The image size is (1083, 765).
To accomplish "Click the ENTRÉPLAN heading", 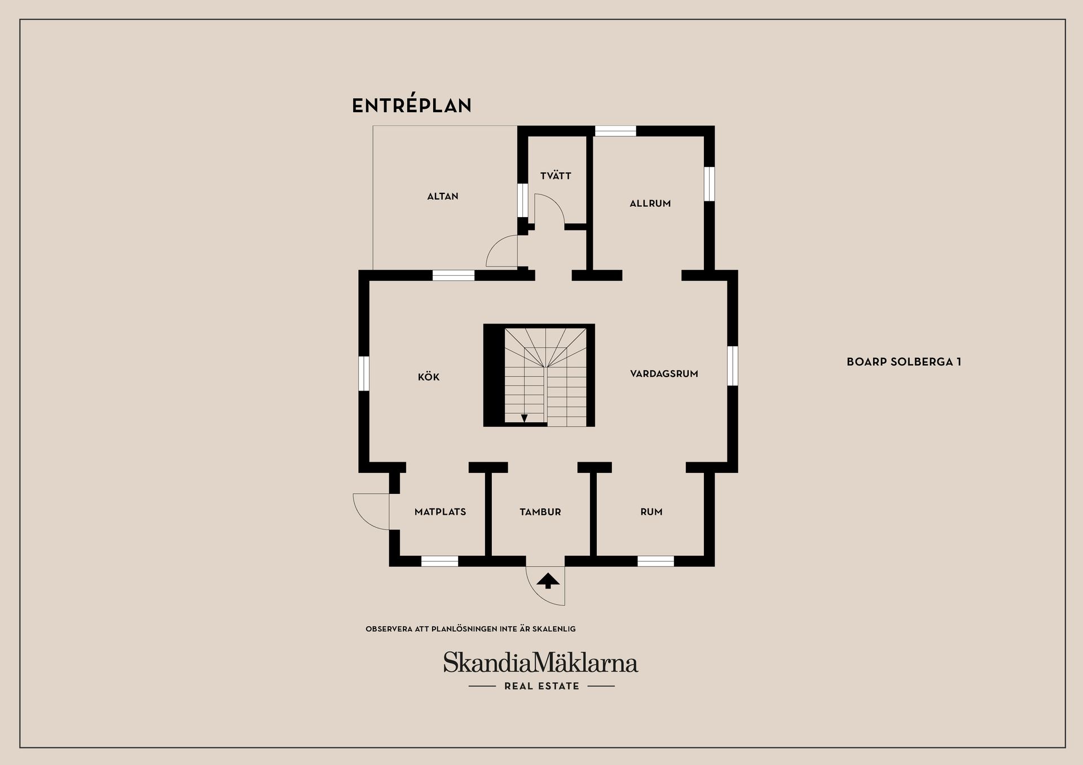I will pos(411,105).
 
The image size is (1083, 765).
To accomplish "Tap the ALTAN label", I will pos(442,196).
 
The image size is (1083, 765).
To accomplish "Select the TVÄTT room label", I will pos(556,176).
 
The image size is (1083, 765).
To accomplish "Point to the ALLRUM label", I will pos(650,204).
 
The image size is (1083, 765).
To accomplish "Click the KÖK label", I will pos(428,377).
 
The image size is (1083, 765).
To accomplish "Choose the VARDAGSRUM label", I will pos(664,374).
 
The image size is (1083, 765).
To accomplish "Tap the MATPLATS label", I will pos(440,512).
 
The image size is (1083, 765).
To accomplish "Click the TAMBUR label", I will pos(540,512).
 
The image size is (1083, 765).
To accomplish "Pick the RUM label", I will pos(651,512).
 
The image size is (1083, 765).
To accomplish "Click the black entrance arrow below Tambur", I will pos(548,581).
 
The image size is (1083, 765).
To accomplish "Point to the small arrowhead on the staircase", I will pos(524,418).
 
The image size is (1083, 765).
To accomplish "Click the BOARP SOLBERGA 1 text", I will pos(904,362).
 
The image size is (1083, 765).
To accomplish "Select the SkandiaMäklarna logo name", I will pos(540,662).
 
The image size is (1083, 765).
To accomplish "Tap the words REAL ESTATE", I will pos(541,686).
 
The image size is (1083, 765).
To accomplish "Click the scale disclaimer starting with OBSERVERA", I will pos(470,629).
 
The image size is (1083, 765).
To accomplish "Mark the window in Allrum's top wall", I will pos(615,131).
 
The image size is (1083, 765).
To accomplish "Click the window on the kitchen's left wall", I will pos(364,373).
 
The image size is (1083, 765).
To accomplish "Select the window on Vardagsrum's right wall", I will pos(732,365).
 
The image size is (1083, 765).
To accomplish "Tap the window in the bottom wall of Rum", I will pos(655,561).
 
